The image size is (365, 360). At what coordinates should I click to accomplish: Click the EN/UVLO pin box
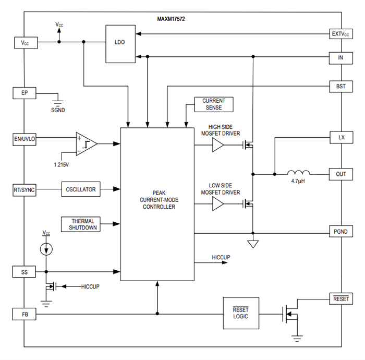pyautogui.click(x=25, y=139)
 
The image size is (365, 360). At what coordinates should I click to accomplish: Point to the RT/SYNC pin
pyautogui.click(x=25, y=189)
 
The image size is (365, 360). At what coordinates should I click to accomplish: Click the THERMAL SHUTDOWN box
pyautogui.click(x=80, y=224)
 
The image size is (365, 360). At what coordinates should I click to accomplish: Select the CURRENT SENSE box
pyautogui.click(x=214, y=104)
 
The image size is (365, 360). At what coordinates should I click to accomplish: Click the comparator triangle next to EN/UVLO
pyautogui.click(x=87, y=143)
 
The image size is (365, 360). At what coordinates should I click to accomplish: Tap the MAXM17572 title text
pyautogui.click(x=171, y=19)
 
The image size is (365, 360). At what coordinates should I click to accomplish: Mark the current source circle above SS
pyautogui.click(x=47, y=249)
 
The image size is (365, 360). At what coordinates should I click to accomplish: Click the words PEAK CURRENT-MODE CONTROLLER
pyautogui.click(x=157, y=199)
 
